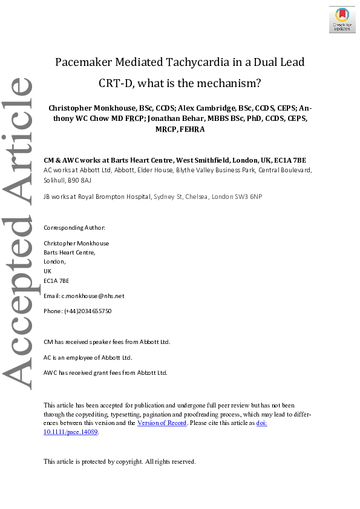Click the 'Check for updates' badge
pyautogui.click(x=342, y=19)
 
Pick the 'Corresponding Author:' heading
pyautogui.click(x=74, y=228)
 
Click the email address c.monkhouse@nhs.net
pyautogui.click(x=93, y=296)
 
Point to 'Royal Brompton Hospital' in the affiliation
pyautogui.click(x=108, y=197)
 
